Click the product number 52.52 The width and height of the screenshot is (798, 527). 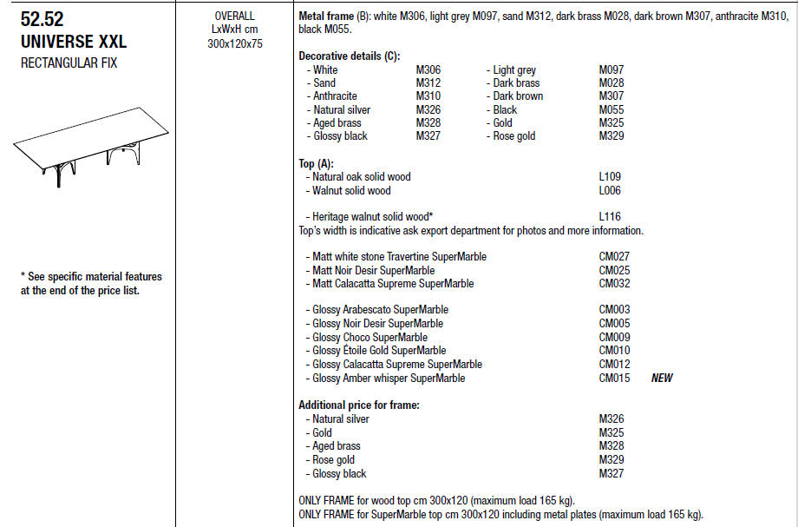coord(42,19)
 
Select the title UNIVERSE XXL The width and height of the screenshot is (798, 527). coord(73,41)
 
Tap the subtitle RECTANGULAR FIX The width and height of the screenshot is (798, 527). coord(69,63)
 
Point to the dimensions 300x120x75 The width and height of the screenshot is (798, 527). coord(234,43)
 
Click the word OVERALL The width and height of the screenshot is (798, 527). coord(234,16)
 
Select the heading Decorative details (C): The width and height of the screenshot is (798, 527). coord(349,56)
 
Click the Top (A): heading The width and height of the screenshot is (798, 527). coord(316,163)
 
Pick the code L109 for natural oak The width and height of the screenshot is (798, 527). coord(610,177)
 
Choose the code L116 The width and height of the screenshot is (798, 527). coord(610,217)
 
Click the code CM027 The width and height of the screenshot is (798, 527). coord(614,257)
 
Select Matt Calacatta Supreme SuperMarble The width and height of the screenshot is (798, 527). coord(393,284)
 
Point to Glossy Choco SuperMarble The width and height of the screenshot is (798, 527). coord(370,338)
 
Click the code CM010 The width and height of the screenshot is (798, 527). coord(614,351)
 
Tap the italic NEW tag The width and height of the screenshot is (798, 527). coord(662,378)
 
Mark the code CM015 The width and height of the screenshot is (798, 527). coord(614,378)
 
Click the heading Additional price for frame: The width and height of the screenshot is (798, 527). coord(359,405)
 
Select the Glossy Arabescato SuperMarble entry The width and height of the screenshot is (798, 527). coord(380,310)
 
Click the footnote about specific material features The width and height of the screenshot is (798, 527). coord(91,283)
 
